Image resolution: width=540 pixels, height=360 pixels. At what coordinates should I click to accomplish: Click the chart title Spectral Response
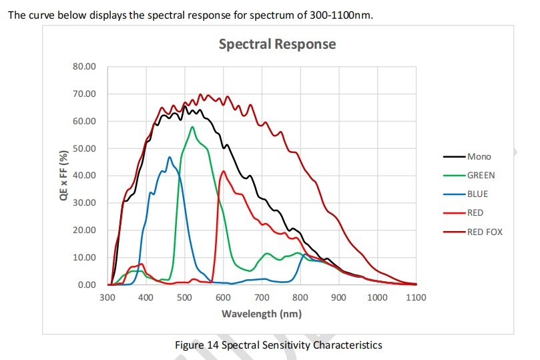[x=277, y=45]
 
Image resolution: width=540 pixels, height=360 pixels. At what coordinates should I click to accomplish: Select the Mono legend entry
[x=479, y=156]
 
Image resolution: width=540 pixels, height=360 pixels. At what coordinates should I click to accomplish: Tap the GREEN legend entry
[x=481, y=175]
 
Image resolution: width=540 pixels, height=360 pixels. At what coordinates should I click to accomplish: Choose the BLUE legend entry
[x=477, y=194]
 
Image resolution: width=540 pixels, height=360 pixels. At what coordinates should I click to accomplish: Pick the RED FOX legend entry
[x=485, y=232]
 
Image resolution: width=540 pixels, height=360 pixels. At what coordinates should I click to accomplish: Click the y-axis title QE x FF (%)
[x=64, y=176]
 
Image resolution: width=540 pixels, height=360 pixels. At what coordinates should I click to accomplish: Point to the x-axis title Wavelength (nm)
[x=261, y=313]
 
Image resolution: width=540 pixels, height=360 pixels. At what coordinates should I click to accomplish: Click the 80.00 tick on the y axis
[x=85, y=67]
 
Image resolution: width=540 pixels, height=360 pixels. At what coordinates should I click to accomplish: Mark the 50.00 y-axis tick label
[x=85, y=148]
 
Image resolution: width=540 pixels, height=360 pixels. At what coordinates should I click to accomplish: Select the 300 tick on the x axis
[x=107, y=297]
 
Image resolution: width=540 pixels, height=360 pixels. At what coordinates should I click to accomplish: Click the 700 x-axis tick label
[x=262, y=297]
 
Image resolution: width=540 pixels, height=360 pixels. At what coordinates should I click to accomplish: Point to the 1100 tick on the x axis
[x=416, y=297]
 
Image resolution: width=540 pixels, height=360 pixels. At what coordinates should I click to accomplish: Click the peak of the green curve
[x=192, y=127]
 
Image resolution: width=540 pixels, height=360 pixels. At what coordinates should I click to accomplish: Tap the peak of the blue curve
[x=170, y=158]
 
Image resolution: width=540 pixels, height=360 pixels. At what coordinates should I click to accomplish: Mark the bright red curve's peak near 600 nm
[x=223, y=171]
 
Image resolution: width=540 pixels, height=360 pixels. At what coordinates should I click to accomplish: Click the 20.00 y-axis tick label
[x=85, y=230]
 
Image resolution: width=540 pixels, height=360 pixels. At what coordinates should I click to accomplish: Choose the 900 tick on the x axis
[x=339, y=297]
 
